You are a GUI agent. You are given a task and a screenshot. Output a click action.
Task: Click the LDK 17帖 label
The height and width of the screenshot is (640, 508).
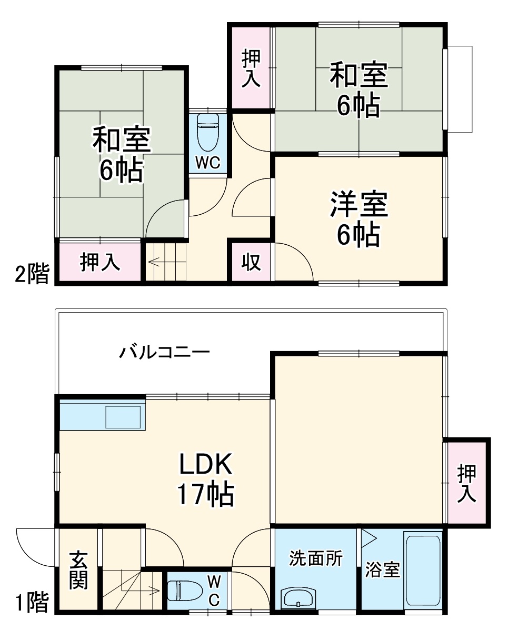pos(205,478)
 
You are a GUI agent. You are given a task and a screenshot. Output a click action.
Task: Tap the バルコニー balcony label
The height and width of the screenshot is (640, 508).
pos(164,352)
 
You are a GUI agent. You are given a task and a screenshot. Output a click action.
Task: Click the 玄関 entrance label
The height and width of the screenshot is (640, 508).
pos(79,570)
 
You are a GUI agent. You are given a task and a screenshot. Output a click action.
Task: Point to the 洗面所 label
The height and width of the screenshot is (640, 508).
pos(316,558)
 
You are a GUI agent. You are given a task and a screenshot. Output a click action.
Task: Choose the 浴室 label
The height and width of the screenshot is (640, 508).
pos(383,570)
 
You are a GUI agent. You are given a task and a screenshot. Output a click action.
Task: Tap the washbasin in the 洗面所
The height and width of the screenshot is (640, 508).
pos(298,598)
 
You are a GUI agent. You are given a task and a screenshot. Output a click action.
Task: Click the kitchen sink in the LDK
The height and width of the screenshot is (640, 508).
pos(124,417)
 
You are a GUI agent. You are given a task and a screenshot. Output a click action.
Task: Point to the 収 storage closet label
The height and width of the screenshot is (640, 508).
pos(251,262)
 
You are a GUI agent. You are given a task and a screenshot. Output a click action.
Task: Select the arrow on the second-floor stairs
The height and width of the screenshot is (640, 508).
pos(156,261)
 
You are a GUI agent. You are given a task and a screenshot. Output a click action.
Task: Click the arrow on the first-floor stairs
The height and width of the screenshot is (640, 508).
pos(153,590)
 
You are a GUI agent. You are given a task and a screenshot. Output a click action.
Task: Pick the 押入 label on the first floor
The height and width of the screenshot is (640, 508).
pos(466,483)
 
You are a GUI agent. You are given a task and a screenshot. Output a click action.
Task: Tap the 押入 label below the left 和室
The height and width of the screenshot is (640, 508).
pos(100,262)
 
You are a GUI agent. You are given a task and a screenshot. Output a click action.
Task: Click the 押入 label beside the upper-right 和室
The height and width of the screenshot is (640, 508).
pos(251,68)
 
